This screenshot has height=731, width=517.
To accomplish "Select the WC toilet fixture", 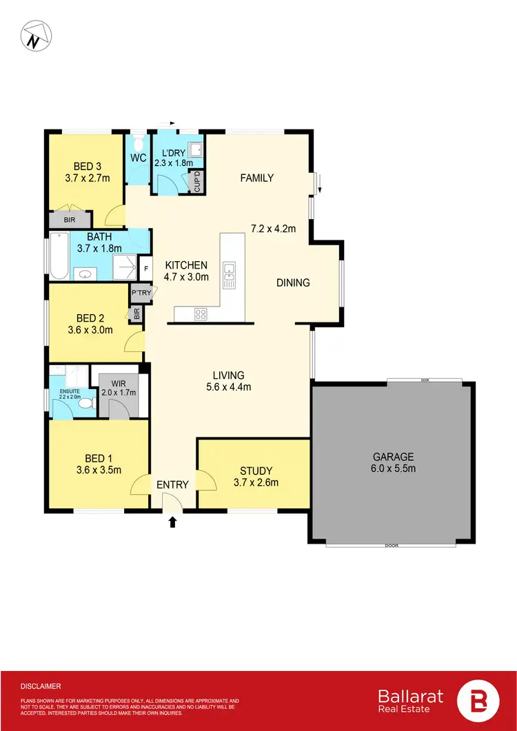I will (x=139, y=145).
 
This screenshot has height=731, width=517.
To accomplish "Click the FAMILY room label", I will (x=256, y=178).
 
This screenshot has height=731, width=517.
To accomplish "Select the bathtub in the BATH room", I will (x=59, y=256).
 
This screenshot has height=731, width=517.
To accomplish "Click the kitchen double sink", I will (x=230, y=274).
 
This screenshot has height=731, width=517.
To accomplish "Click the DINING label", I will (x=293, y=282).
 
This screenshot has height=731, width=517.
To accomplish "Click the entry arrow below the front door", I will (x=172, y=523).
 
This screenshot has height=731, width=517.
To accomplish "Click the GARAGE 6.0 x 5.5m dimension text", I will (x=393, y=469).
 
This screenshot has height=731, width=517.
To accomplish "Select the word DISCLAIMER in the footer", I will (x=41, y=686).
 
